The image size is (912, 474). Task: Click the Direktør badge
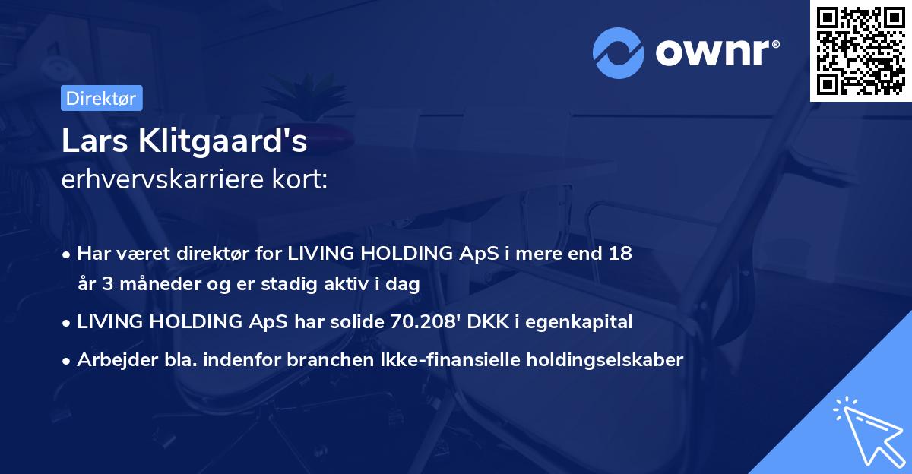click(x=101, y=98)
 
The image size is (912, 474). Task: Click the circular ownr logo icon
click(x=619, y=53)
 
